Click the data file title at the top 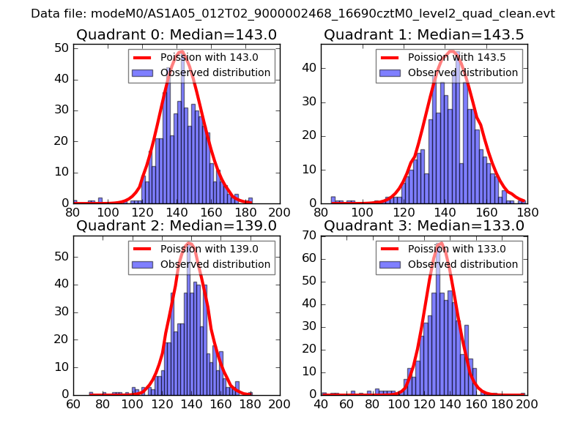pos(293,14)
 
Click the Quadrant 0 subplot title pos(176,34)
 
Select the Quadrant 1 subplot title pos(423,34)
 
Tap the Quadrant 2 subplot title pos(176,225)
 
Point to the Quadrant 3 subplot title pos(423,225)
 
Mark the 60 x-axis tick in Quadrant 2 pos(73,403)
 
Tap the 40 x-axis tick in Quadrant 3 pos(321,403)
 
